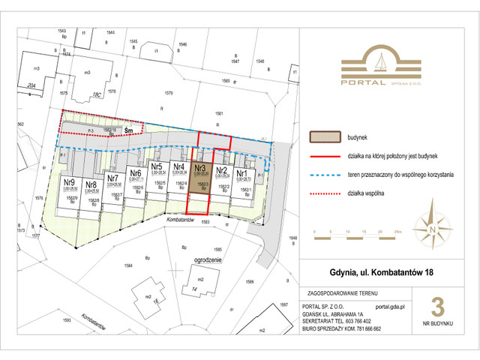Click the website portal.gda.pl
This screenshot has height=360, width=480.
click(x=390, y=306)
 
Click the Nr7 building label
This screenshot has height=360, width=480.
click(x=113, y=178)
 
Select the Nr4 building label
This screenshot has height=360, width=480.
click(x=178, y=167)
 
